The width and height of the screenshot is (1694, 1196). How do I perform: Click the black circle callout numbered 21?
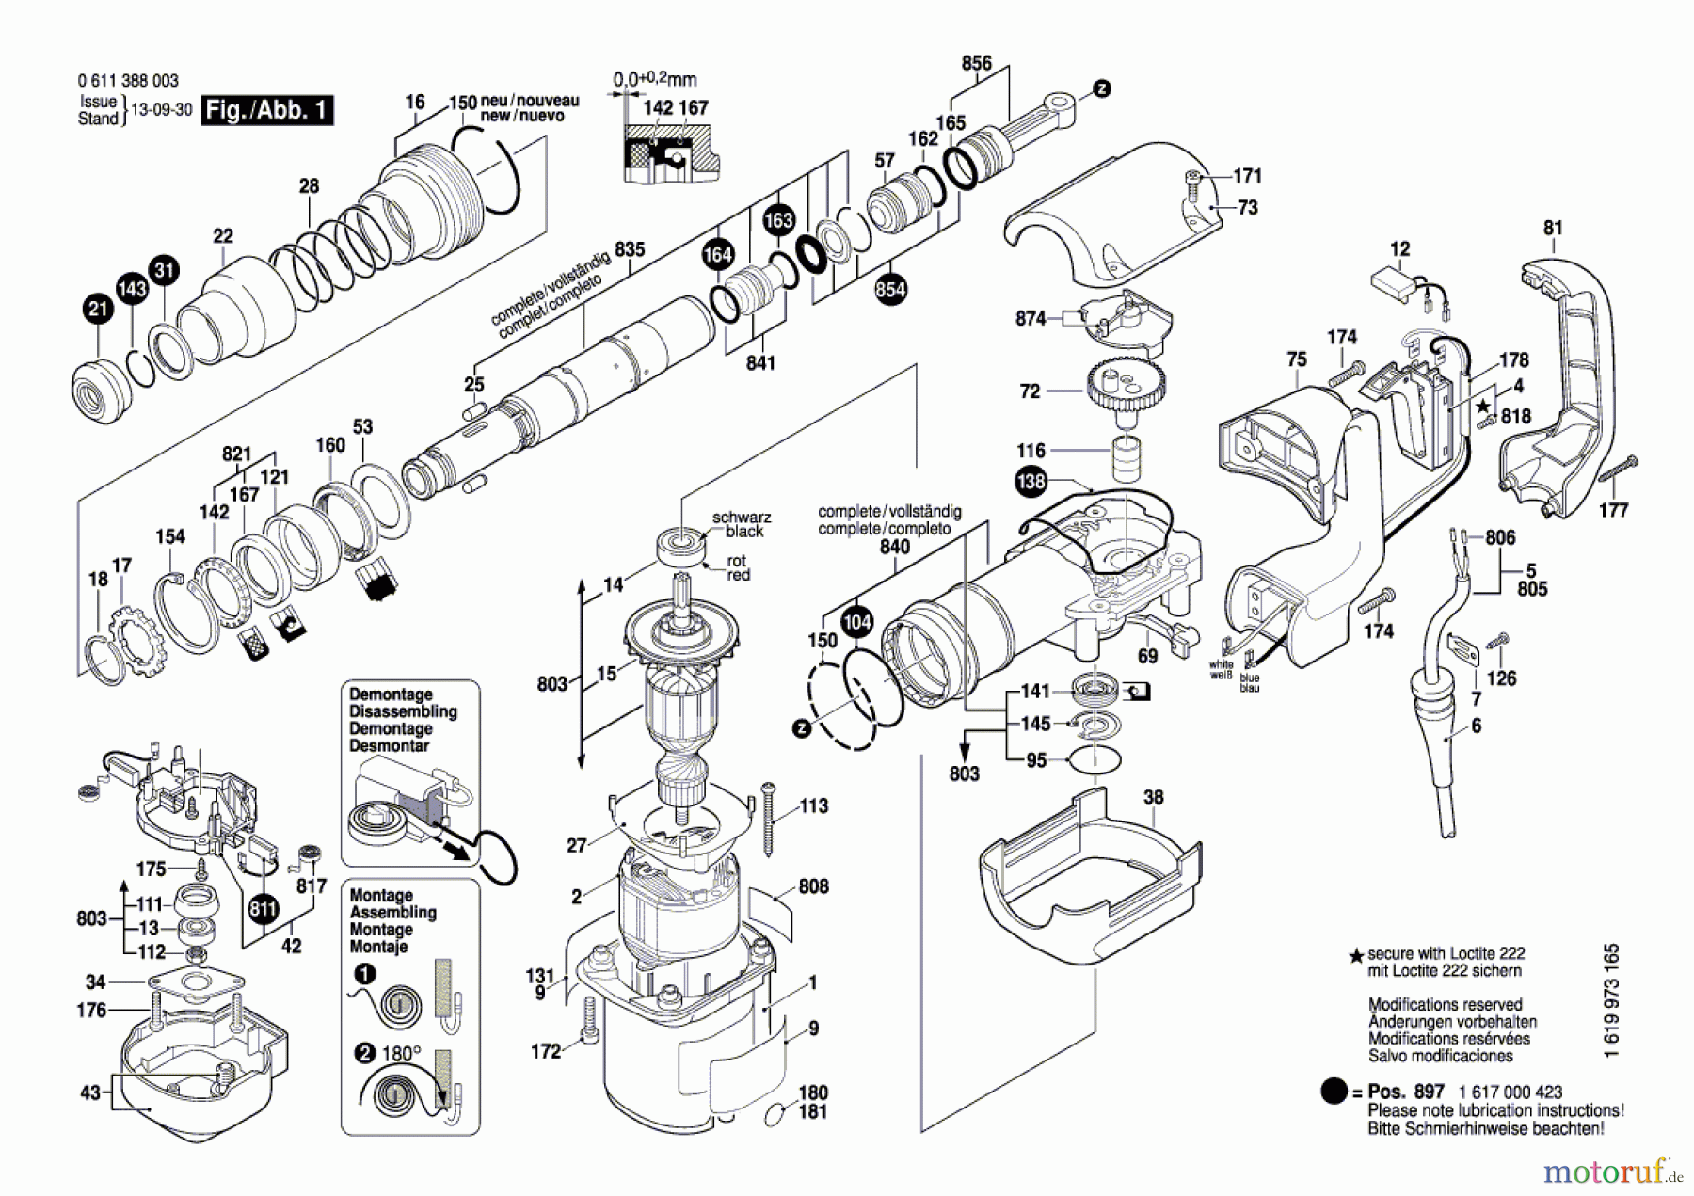click(98, 309)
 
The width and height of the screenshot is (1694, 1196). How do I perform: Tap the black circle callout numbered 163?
click(778, 221)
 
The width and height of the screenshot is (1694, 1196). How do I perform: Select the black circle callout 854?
click(890, 289)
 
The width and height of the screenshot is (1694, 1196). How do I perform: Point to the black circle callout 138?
click(1031, 482)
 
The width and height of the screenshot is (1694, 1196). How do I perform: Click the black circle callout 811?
click(263, 909)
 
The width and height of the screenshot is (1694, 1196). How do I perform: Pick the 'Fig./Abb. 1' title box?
click(267, 110)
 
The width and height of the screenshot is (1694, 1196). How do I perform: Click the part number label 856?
click(976, 63)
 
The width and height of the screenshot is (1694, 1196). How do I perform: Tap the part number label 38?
click(1154, 797)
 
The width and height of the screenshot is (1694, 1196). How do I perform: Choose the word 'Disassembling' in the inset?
click(403, 711)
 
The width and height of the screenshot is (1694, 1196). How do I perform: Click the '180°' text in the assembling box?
click(402, 1054)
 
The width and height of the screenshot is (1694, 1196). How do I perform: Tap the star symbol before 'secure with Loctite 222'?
click(1356, 955)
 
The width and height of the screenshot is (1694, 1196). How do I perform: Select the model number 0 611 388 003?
click(128, 81)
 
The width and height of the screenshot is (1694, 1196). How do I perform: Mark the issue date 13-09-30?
click(161, 109)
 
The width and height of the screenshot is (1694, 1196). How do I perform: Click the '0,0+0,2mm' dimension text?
click(655, 80)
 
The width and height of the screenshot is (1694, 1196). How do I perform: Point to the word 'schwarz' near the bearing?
click(742, 517)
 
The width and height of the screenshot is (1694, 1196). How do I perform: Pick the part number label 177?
click(1613, 510)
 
